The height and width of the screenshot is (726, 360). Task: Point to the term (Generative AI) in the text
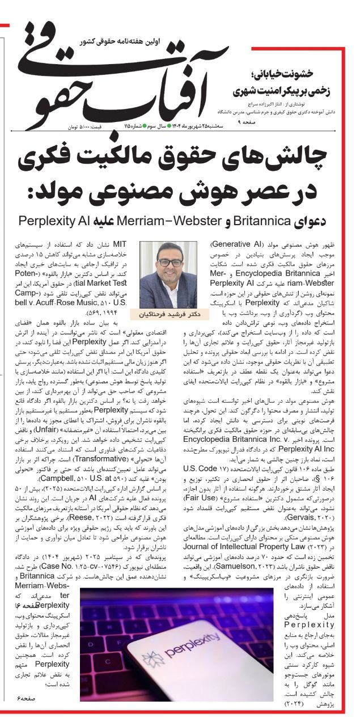click(x=234, y=244)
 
